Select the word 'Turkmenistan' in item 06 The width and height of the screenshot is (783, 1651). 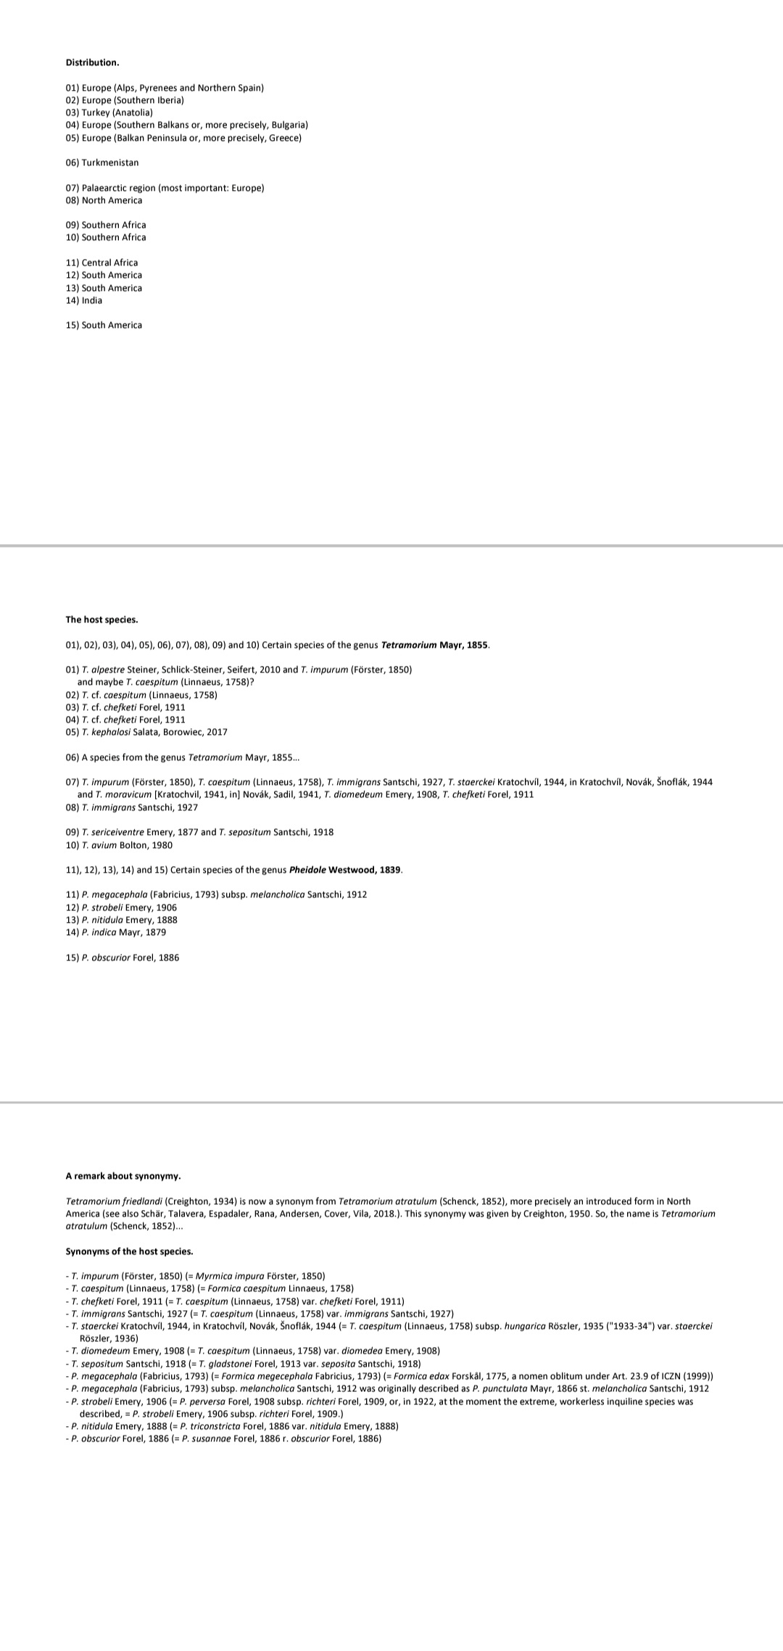click(x=110, y=162)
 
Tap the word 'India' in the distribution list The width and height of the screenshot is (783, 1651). click(x=92, y=300)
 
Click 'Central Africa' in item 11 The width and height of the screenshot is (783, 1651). click(x=109, y=263)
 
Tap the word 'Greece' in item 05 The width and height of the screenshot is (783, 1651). click(x=284, y=138)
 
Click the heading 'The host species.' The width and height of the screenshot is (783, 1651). click(x=101, y=619)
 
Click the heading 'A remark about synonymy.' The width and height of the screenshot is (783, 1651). click(x=123, y=1175)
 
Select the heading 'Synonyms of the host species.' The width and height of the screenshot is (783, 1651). click(x=129, y=1251)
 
